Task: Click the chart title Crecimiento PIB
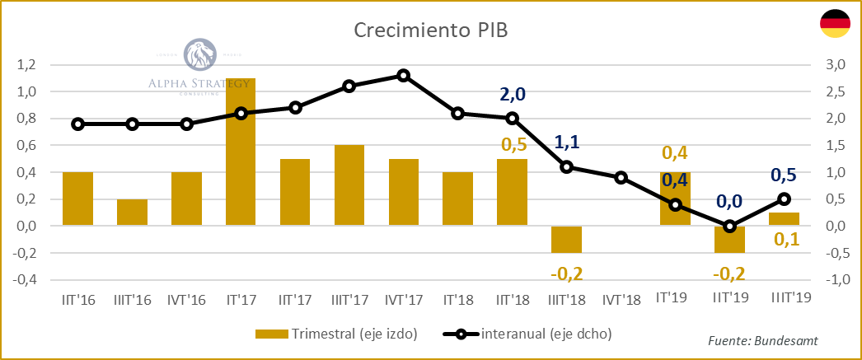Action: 431,30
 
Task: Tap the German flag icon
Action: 835,25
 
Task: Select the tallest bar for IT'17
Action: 241,152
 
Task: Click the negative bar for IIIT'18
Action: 566,239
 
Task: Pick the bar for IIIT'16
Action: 132,212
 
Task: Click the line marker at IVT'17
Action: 403,76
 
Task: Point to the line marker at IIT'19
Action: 729,226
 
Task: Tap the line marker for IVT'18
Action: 621,178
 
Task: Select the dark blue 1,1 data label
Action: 566,143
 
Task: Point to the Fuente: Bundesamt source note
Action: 762,340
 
